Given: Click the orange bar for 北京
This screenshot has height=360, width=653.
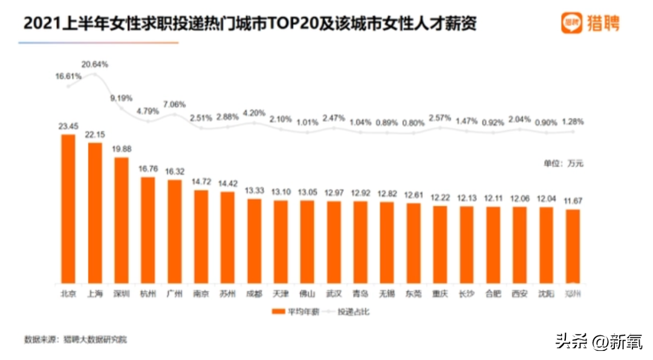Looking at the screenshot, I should point(68,209).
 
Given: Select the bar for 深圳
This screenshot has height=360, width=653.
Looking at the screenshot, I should point(122,220).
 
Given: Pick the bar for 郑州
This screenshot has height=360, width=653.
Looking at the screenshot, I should point(573,246).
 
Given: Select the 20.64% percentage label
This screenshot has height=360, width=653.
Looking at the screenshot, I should point(95,64).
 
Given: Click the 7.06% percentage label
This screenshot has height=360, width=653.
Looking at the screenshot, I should point(175,103).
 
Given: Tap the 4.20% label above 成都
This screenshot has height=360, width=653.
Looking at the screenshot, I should point(254,112).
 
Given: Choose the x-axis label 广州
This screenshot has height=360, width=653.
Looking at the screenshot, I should point(175,295).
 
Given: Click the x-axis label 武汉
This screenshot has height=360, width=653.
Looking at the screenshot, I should point(334,295).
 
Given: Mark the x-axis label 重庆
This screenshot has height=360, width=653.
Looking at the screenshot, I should point(440,295).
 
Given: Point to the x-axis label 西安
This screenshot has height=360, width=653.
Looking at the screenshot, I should point(519,295).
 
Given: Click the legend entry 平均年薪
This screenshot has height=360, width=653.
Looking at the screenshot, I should point(294,312).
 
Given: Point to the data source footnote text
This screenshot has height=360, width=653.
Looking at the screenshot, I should point(76,340).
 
